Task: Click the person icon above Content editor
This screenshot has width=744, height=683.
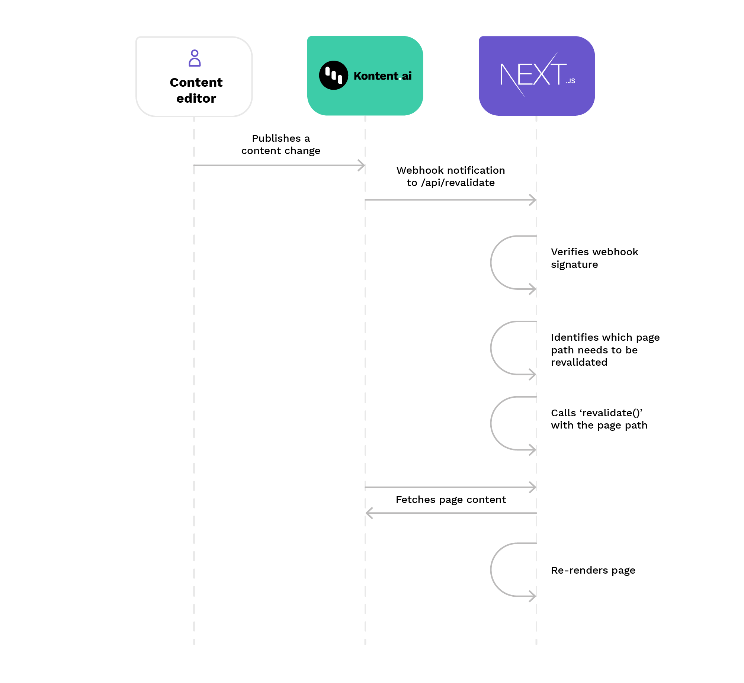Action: tap(195, 58)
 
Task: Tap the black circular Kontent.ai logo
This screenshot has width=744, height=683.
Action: tap(334, 76)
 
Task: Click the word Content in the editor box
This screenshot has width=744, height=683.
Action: tap(196, 83)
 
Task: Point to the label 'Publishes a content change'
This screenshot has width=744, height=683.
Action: tap(281, 144)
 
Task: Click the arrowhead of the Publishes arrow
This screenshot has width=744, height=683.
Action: tap(361, 166)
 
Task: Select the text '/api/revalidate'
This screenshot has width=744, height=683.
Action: tap(458, 183)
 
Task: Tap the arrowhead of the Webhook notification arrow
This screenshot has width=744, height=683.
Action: tap(533, 200)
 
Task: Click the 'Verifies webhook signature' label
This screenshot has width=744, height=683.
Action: tap(594, 258)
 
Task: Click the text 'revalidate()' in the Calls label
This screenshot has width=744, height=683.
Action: tap(611, 413)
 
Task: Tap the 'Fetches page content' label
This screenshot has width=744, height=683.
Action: tap(450, 500)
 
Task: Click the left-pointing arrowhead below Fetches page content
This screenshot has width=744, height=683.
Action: tap(369, 513)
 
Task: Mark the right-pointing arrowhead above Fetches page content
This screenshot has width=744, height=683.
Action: tap(533, 487)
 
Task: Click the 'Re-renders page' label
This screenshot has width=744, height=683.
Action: tap(593, 570)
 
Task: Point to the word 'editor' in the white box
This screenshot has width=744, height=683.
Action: tap(196, 99)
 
